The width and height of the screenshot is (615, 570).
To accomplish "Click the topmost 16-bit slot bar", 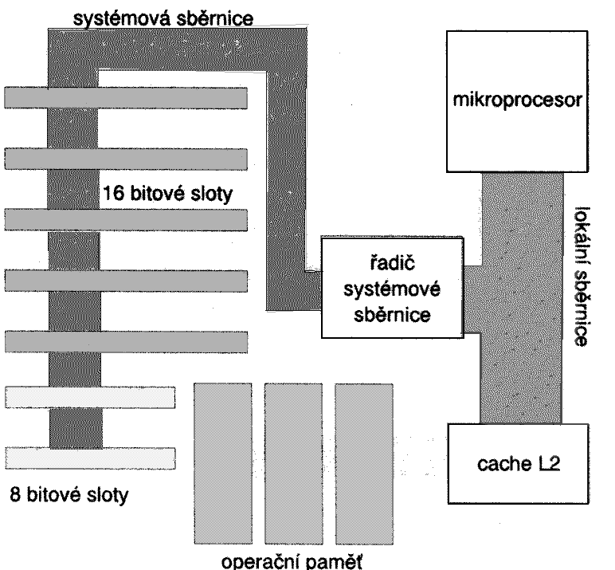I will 126,96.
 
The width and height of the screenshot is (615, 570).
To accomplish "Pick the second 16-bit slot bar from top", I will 126,159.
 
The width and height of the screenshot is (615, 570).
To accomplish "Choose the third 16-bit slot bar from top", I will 126,219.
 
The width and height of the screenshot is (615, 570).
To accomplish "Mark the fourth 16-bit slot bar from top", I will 126,281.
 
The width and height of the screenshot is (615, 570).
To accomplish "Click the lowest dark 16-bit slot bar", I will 126,340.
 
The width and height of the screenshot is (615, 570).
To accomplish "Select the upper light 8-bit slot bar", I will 90,396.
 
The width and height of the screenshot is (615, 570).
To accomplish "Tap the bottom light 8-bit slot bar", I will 90,457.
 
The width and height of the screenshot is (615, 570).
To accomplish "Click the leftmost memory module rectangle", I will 224,460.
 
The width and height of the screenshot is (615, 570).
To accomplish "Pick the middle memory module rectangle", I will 293,460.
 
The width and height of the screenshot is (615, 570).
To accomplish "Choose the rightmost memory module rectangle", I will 363,460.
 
